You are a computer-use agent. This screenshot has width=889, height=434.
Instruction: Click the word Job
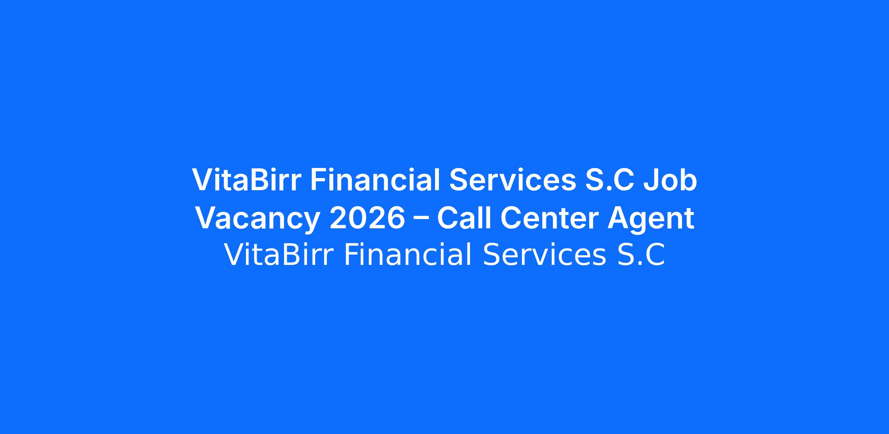point(670,180)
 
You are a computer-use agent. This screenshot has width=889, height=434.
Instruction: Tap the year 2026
point(367,218)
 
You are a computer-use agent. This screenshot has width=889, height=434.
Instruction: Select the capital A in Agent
point(619,218)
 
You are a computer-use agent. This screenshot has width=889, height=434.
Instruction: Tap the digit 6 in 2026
point(396,218)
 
